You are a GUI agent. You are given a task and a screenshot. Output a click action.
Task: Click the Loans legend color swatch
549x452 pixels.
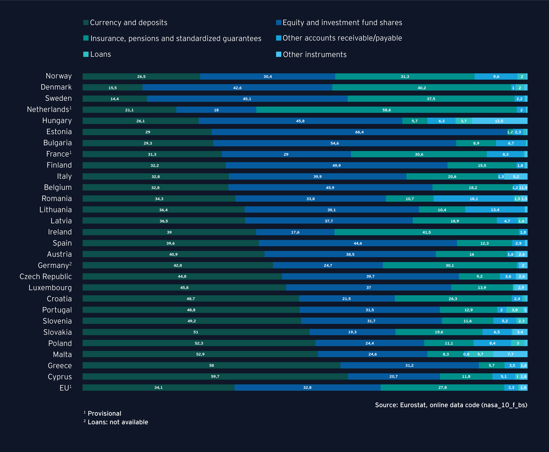point(86,54)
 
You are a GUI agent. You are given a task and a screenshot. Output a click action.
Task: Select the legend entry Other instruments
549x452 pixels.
point(314,54)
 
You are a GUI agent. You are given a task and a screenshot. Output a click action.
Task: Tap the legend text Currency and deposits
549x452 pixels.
point(128,23)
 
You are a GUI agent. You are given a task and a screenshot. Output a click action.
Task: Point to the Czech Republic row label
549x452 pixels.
point(46,276)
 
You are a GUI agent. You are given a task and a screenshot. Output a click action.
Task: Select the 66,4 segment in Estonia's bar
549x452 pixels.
point(359,132)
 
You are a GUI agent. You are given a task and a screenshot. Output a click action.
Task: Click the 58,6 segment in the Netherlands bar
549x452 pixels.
point(386,110)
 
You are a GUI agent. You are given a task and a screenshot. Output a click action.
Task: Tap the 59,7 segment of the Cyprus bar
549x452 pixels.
point(215,376)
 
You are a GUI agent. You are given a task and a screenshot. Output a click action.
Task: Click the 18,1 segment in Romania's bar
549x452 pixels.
point(474,199)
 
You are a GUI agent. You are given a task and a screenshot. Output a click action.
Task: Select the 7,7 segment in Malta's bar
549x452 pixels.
point(510,354)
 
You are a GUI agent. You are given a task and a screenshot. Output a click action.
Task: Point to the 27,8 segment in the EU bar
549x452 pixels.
point(442,387)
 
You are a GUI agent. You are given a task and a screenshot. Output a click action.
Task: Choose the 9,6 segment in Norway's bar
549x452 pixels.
point(496,76)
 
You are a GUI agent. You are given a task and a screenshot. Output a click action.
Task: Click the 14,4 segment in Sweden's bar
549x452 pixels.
point(115,99)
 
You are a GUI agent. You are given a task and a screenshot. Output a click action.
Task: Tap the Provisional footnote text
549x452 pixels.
point(104,413)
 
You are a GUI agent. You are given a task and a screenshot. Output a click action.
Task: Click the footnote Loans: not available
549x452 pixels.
point(118,422)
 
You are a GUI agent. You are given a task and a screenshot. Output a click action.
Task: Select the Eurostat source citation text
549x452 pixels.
point(451,405)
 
